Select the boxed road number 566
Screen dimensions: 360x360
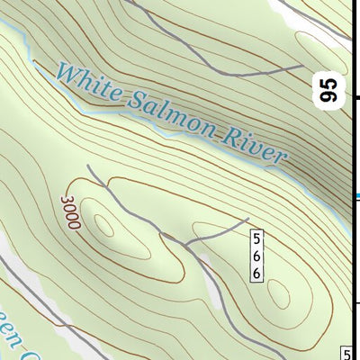click(257, 256)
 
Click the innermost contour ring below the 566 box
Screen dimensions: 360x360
click(277, 294)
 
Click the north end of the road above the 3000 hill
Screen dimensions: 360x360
click(88, 166)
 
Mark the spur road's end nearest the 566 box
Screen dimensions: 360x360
click(247, 219)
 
